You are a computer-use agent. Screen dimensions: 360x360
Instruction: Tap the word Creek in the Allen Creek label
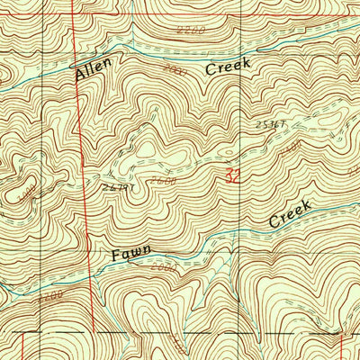pyautogui.click(x=226, y=67)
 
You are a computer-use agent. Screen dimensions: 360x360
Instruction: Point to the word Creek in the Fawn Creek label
pyautogui.click(x=290, y=214)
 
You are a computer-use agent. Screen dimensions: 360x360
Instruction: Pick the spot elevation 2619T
pyautogui.click(x=118, y=186)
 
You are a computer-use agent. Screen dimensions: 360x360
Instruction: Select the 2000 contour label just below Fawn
pyautogui.click(x=162, y=267)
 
